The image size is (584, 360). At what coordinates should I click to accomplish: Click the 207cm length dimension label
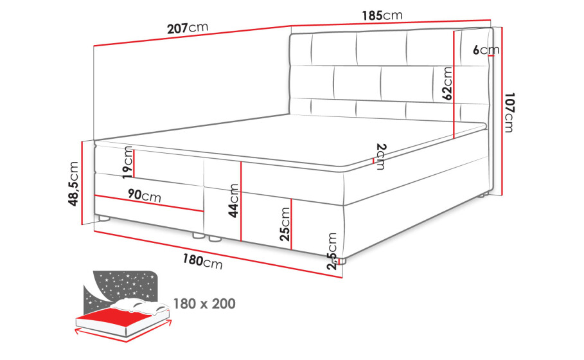pyautogui.click(x=188, y=28)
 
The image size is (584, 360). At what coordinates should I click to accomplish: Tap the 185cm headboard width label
pyautogui.click(x=382, y=15)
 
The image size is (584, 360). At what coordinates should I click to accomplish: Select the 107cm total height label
pyautogui.click(x=509, y=113)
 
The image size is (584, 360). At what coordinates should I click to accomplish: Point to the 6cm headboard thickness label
pyautogui.click(x=486, y=50)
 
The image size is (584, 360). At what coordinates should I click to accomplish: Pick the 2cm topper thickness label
pyautogui.click(x=381, y=156)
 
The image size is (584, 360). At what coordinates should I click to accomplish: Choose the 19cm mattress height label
pyautogui.click(x=128, y=163)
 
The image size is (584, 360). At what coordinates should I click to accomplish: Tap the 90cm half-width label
pyautogui.click(x=145, y=195)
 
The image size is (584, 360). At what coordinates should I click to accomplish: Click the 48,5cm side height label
pyautogui.click(x=73, y=184)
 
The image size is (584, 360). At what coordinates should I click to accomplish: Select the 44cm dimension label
pyautogui.click(x=233, y=201)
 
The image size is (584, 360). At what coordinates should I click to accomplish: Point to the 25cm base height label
pyautogui.click(x=285, y=224)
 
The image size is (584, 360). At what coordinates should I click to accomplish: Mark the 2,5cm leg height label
pyautogui.click(x=332, y=251)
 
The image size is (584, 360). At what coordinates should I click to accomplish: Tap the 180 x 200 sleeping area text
pyautogui.click(x=204, y=303)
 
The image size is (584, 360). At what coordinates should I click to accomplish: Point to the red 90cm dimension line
pyautogui.click(x=149, y=203)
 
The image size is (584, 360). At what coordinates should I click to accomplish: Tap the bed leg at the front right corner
pyautogui.click(x=342, y=261)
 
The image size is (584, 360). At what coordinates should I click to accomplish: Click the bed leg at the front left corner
pyautogui.click(x=103, y=219)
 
